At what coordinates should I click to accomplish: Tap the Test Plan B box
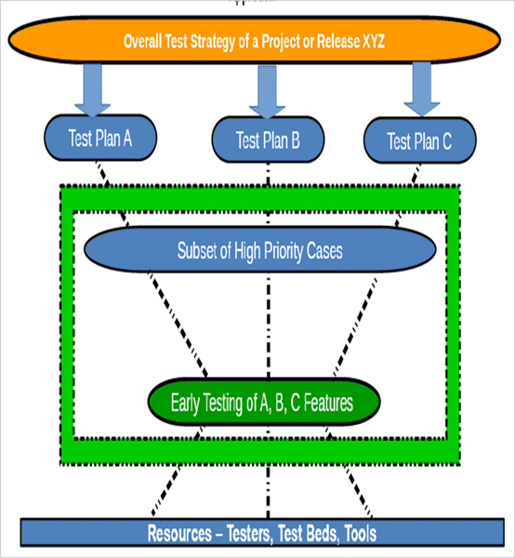tap(268, 141)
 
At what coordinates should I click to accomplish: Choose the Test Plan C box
tap(419, 141)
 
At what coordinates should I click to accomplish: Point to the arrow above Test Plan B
tap(268, 92)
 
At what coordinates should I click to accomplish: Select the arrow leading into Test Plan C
tap(421, 89)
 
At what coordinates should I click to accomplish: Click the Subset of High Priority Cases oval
tap(259, 251)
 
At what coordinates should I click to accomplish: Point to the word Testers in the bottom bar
tap(249, 534)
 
